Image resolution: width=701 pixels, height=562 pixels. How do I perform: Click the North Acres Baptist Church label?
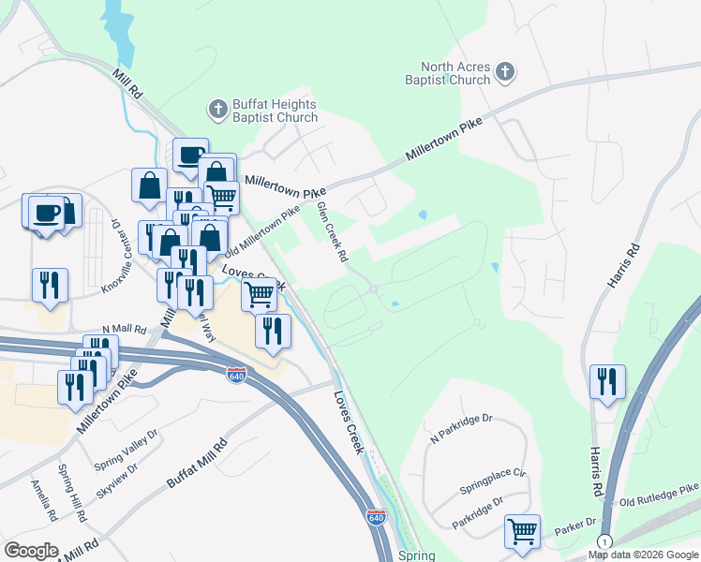pyautogui.click(x=455, y=73)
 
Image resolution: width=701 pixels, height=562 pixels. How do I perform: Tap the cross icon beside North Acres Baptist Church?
pyautogui.click(x=505, y=72)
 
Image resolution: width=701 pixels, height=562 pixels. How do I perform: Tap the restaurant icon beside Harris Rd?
pyautogui.click(x=607, y=380)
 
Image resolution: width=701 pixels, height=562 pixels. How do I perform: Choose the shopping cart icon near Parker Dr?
pyautogui.click(x=522, y=531)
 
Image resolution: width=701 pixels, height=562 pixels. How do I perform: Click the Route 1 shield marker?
pyautogui.click(x=604, y=542)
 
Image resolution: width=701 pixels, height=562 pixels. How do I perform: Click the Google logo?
pyautogui.click(x=31, y=551)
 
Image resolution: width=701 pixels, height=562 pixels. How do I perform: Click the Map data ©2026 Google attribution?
pyautogui.click(x=642, y=555)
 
